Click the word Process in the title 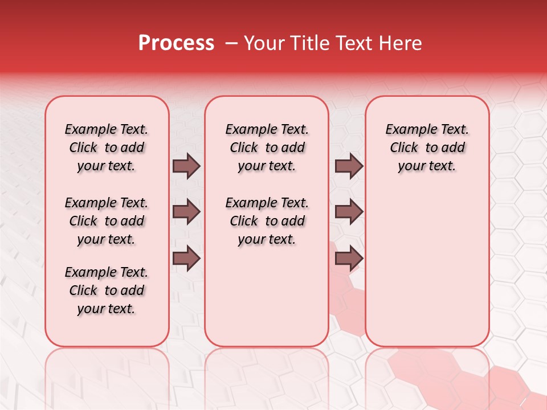[x=176, y=43]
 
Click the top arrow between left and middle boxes [x=186, y=166]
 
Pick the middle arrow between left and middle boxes [x=186, y=212]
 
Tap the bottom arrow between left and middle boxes [x=186, y=259]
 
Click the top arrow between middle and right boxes [x=349, y=166]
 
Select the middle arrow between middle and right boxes [x=349, y=212]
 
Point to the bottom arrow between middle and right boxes [x=349, y=259]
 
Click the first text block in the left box [x=107, y=147]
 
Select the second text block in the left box [x=107, y=221]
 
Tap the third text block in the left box [x=107, y=290]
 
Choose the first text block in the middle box [x=267, y=147]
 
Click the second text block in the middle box [x=267, y=221]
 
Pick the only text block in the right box [x=427, y=147]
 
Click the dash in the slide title [x=231, y=44]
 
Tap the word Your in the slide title [x=263, y=43]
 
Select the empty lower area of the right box [x=427, y=268]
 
